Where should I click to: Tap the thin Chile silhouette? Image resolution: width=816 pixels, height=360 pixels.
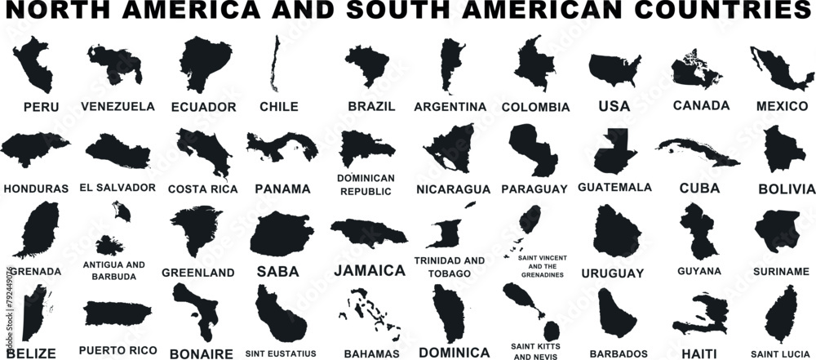tap(274, 65)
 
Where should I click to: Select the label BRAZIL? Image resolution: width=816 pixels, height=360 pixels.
tap(371, 106)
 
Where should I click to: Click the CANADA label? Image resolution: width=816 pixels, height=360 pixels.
tap(701, 105)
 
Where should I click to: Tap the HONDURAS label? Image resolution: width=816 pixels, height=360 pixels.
tap(36, 189)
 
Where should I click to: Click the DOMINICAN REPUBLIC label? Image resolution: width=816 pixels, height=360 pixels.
tap(366, 184)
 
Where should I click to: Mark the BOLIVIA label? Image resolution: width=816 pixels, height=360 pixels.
tap(786, 189)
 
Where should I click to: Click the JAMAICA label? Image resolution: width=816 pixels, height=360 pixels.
tap(370, 270)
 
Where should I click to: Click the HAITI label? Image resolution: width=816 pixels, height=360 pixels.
tap(698, 353)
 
